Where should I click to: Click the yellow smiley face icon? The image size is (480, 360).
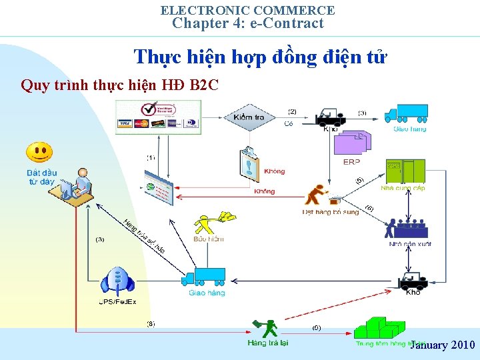[x=39, y=153]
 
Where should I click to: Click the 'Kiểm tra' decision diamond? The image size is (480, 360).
[x=249, y=117]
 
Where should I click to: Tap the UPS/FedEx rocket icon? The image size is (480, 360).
[x=117, y=281]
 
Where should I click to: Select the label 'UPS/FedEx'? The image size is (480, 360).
[x=117, y=302]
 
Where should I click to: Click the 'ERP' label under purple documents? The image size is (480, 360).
[x=351, y=162]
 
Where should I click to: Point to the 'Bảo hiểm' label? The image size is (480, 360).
[x=208, y=239]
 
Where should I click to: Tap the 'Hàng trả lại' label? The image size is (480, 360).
[x=268, y=343]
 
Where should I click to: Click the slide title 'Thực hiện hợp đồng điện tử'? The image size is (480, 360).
[x=259, y=57]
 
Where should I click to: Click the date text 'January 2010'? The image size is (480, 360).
[x=442, y=345]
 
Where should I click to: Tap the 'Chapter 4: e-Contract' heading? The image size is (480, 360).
[x=247, y=23]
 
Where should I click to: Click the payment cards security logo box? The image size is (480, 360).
[x=158, y=117]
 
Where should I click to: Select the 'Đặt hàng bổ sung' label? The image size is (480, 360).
[x=331, y=213]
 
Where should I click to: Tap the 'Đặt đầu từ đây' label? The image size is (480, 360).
[x=42, y=177]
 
